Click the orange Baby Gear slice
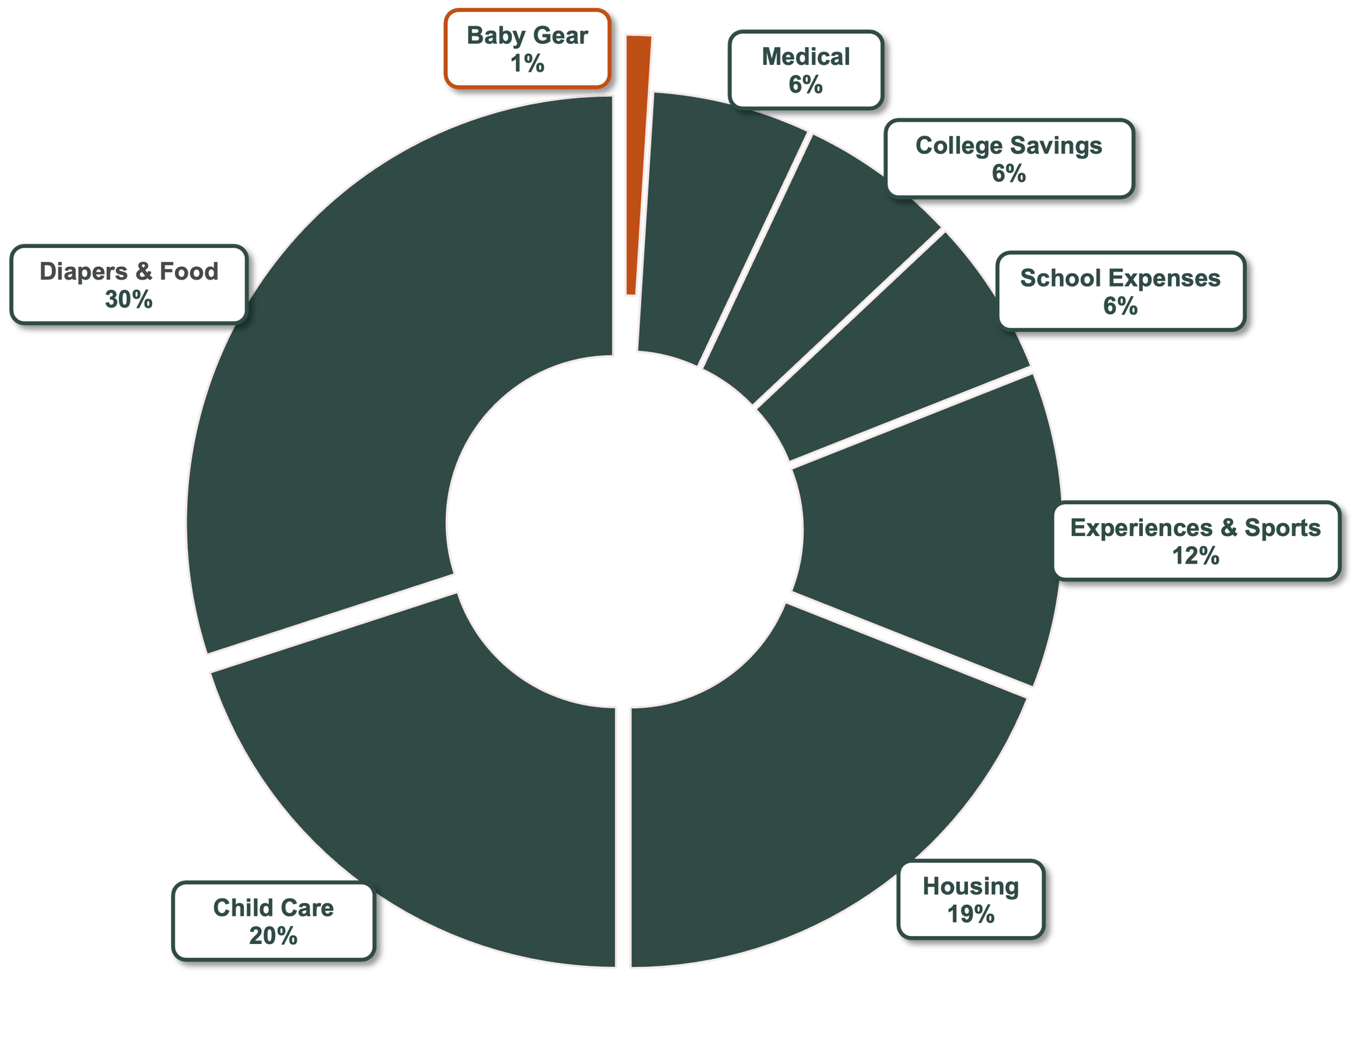pyautogui.click(x=635, y=169)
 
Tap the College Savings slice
pyautogui.click(x=811, y=270)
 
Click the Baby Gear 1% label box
pyautogui.click(x=527, y=49)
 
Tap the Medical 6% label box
pyautogui.click(x=806, y=70)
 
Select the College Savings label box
pyautogui.click(x=1009, y=159)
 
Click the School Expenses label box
pyautogui.click(x=1120, y=291)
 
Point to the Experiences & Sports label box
pyautogui.click(x=1195, y=541)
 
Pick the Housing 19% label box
pyautogui.click(x=971, y=899)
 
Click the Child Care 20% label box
pyautogui.click(x=273, y=921)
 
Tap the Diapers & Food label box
pyautogui.click(x=128, y=285)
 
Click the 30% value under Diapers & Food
pyautogui.click(x=128, y=299)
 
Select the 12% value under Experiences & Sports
pyautogui.click(x=1195, y=556)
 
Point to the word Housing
pyautogui.click(x=971, y=886)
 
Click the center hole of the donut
pyautogui.click(x=625, y=530)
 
